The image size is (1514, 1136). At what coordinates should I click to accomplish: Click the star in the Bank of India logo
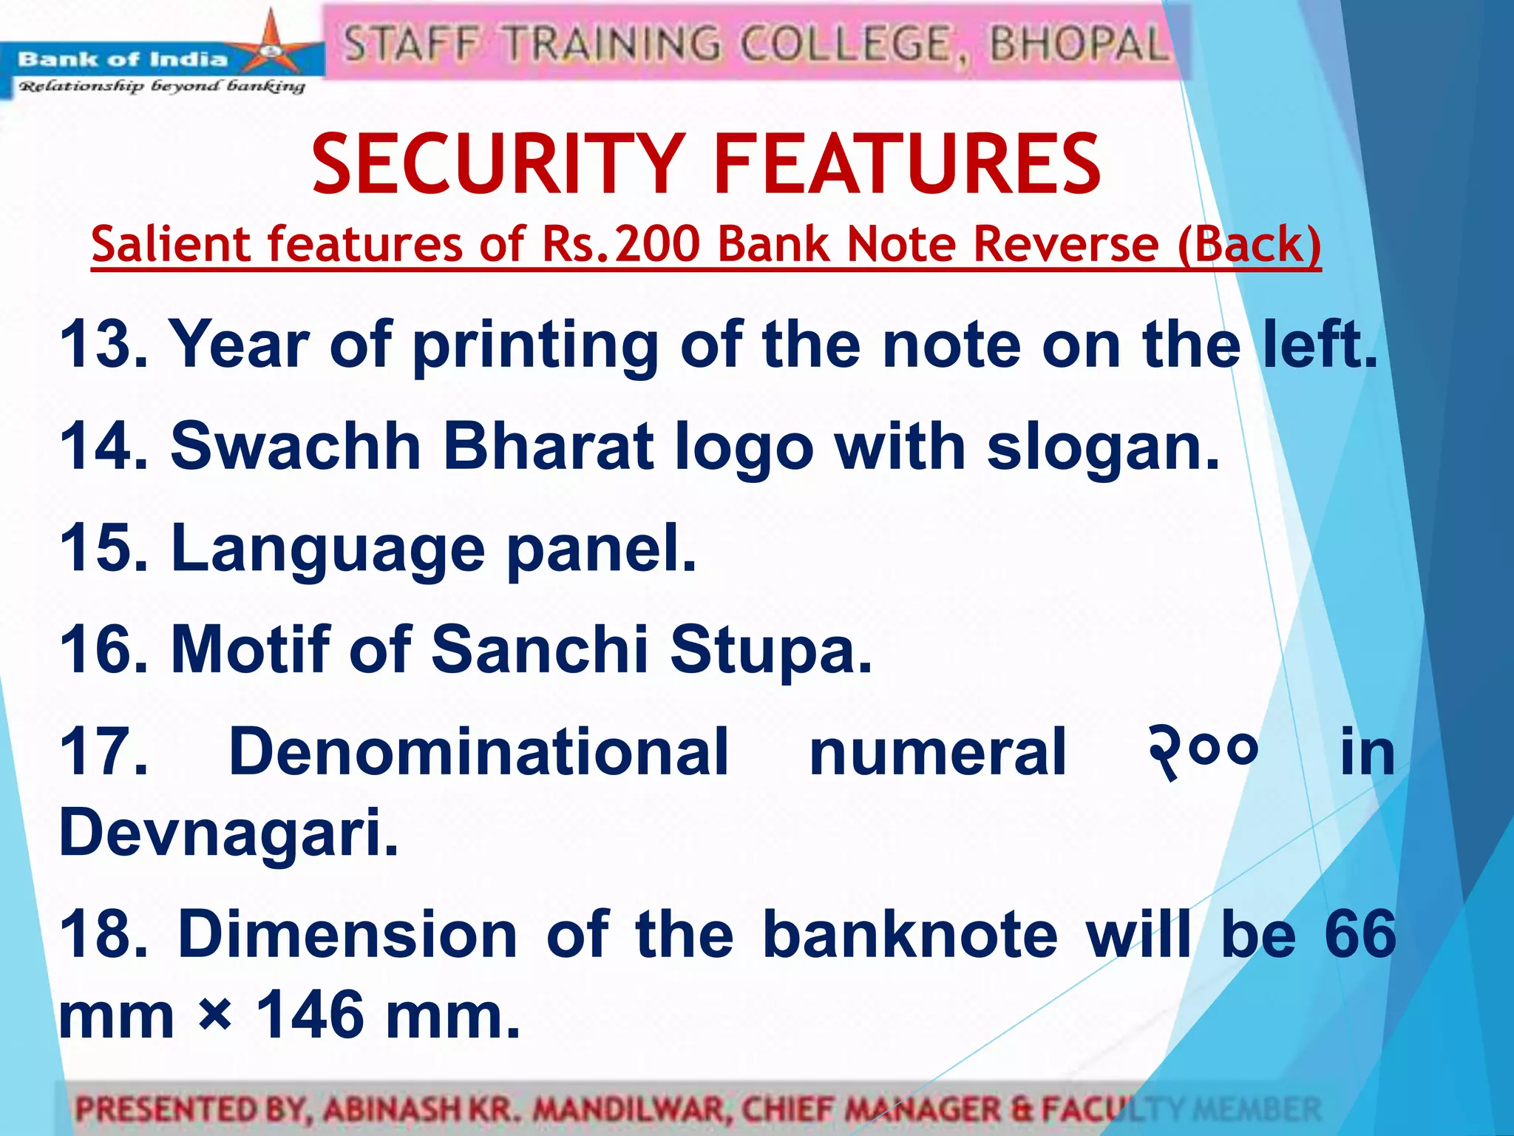pyautogui.click(x=271, y=49)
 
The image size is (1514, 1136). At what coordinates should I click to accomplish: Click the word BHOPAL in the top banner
pyautogui.click(x=1079, y=44)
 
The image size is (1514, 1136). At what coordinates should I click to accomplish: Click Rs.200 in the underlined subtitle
pyautogui.click(x=620, y=244)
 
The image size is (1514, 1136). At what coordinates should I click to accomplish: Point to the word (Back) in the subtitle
pyautogui.click(x=1249, y=244)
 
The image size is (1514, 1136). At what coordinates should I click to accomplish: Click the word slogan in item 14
pyautogui.click(x=1101, y=448)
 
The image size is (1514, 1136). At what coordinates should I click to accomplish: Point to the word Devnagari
pyautogui.click(x=228, y=833)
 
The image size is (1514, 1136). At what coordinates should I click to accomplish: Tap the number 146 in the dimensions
pyautogui.click(x=311, y=1015)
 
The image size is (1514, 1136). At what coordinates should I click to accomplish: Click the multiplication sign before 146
pyautogui.click(x=215, y=1018)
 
